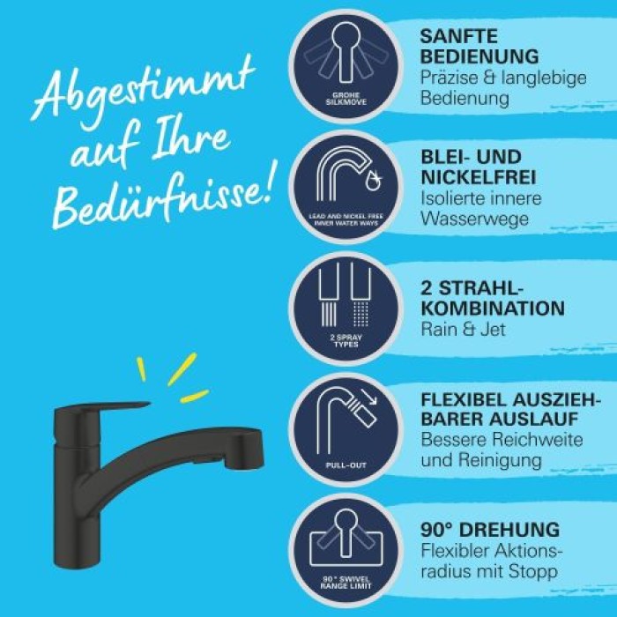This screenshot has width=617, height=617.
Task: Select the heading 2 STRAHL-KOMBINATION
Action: click(x=492, y=297)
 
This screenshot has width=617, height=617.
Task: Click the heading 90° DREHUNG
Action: click(x=490, y=530)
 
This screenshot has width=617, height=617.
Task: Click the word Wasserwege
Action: click(x=475, y=218)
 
